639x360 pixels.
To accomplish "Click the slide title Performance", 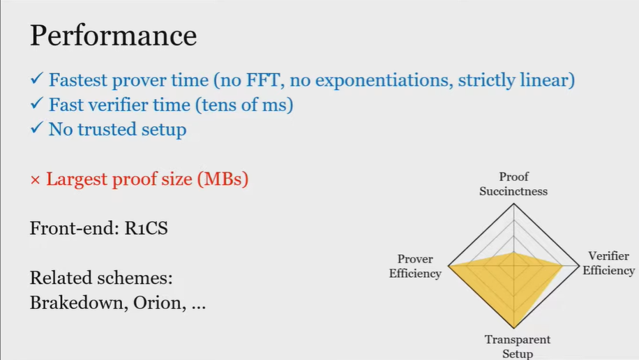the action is tap(113, 36).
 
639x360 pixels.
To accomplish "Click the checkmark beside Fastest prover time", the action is tap(37, 78).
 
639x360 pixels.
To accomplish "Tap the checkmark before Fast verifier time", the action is tap(37, 103).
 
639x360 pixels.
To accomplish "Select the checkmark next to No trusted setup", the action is tap(37, 128).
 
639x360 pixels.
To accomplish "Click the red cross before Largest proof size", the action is tap(35, 180).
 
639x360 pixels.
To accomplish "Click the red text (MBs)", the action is tap(223, 179).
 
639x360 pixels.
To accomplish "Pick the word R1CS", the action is tap(146, 228).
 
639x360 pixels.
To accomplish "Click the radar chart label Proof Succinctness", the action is tap(513, 184).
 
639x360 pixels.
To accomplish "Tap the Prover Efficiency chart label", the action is tap(415, 267).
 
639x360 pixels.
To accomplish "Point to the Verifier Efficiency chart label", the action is tap(608, 264).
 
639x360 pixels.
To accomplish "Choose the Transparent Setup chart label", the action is tap(518, 347).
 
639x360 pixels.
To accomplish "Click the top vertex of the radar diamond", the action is tap(514, 204).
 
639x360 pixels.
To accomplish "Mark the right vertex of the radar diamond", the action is tap(579, 267).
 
